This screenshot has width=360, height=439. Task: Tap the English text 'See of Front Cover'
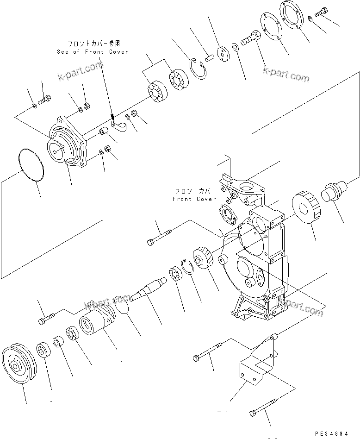[x=92, y=52]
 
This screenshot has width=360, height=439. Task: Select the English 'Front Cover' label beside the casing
[x=194, y=199]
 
